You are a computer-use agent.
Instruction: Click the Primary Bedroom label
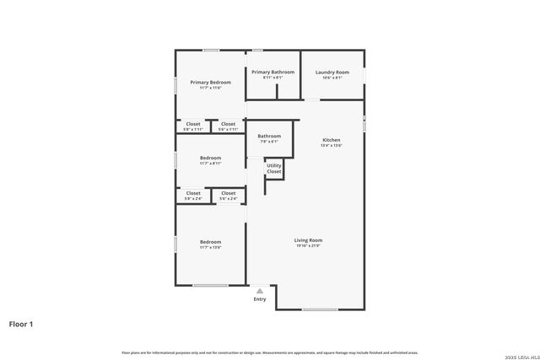(x=210, y=82)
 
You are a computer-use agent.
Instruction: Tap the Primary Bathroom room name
(x=273, y=72)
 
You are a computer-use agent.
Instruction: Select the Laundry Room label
(x=332, y=72)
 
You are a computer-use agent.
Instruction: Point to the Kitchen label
(x=332, y=139)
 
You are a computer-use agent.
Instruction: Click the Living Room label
(x=308, y=240)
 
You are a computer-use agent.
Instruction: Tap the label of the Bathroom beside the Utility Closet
(x=269, y=136)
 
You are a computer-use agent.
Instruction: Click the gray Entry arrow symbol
(x=260, y=291)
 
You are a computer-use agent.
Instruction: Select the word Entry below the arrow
(x=260, y=299)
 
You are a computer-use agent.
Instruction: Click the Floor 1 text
(x=21, y=324)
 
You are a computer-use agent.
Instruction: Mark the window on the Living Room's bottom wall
(x=320, y=309)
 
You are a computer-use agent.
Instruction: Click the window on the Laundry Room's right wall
(x=364, y=74)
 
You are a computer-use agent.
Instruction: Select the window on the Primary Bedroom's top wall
(x=212, y=51)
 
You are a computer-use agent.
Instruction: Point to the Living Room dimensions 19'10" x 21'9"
(x=308, y=247)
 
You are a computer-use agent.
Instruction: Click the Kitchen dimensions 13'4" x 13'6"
(x=332, y=146)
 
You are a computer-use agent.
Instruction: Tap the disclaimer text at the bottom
(x=269, y=352)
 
